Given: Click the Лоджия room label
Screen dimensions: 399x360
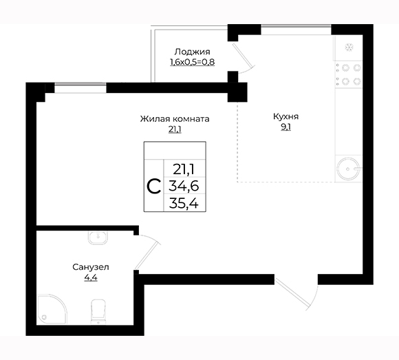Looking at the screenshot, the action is (x=192, y=52).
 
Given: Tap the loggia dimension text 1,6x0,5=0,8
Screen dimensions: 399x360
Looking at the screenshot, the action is (x=192, y=62).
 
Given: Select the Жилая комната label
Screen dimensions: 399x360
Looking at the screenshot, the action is (x=175, y=119).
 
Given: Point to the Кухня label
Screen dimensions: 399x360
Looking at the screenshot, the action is (x=285, y=116).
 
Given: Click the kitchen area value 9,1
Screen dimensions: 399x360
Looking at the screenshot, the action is (x=285, y=127).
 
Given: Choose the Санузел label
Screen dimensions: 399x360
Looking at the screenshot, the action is (x=91, y=267).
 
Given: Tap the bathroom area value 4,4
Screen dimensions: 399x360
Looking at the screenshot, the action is (x=91, y=277).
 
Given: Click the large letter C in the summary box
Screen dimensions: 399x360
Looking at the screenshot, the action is (x=154, y=187).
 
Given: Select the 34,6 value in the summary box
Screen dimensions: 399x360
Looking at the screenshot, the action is (x=184, y=186).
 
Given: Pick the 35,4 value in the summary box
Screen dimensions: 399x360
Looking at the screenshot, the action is (x=184, y=204).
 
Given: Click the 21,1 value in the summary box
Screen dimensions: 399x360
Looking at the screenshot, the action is (x=184, y=169).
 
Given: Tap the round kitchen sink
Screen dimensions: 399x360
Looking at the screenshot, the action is (x=348, y=168).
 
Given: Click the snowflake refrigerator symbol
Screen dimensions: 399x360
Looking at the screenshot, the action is (x=349, y=47).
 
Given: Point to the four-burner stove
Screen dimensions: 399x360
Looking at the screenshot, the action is (x=349, y=74).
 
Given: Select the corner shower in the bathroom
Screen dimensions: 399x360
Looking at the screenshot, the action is (x=52, y=310).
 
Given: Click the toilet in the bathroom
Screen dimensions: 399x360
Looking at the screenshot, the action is (x=98, y=312).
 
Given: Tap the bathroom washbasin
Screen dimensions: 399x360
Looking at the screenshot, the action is (x=98, y=237).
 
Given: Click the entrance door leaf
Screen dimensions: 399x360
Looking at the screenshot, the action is (x=293, y=293).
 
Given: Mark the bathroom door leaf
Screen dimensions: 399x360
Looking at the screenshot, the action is (x=147, y=255).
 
